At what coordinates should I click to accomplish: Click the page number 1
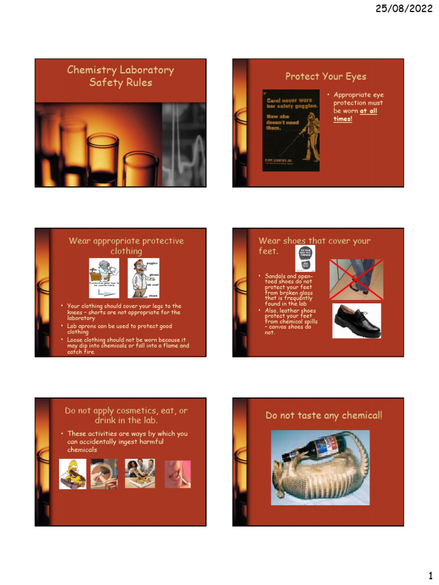pos(430,574)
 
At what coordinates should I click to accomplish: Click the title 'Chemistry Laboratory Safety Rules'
pos(120,76)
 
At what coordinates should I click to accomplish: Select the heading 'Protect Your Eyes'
pos(326,77)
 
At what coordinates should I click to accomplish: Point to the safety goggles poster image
pos(291,130)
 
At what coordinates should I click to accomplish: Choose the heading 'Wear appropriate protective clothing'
pos(126,246)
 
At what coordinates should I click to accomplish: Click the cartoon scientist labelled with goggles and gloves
pos(143,278)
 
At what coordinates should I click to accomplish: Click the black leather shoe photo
pos(356,320)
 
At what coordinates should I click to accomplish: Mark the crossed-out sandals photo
pos(356,279)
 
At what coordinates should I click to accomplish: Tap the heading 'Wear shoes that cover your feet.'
pos(314,246)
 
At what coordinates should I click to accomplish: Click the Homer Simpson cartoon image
pos(73,474)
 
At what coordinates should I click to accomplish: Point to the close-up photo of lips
pos(177,474)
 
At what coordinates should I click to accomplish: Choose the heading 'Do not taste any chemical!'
pos(324,415)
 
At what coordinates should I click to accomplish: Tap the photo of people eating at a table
pos(139,474)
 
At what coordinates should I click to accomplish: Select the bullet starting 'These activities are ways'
pos(127,442)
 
